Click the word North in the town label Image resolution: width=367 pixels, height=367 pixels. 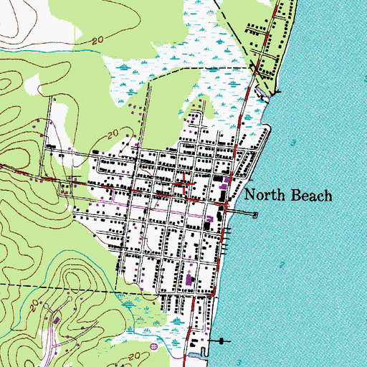266,196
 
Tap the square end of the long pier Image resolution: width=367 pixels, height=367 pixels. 256,214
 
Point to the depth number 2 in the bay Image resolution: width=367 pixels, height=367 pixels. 282,266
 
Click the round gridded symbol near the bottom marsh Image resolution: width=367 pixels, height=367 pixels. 153,346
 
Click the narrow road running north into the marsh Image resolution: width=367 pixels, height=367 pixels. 149,108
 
